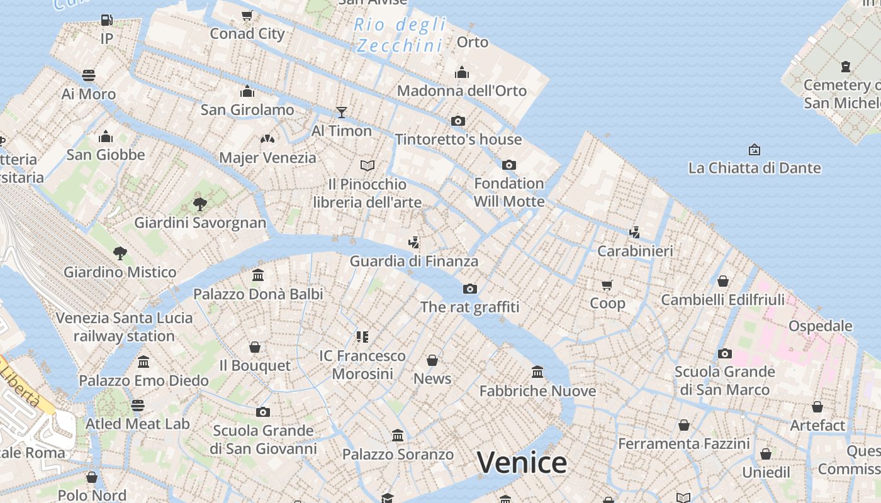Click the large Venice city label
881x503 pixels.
522,463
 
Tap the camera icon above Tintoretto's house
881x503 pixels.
458,121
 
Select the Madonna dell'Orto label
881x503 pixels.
461,91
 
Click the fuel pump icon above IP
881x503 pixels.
107,20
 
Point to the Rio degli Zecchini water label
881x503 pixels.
400,35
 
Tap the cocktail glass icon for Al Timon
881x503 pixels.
342,113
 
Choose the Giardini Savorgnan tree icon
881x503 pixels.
200,204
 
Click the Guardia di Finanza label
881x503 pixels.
413,261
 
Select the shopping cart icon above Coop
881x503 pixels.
607,285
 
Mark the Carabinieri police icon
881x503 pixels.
634,233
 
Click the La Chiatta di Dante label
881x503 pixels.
754,168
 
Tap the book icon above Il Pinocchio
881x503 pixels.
368,165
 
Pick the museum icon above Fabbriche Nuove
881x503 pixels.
537,372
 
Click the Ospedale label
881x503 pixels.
820,326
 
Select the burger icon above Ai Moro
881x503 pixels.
89,76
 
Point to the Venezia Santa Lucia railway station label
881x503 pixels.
124,326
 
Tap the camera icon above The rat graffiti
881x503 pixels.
469,289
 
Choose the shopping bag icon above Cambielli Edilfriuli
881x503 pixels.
723,281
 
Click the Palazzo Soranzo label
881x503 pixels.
397,454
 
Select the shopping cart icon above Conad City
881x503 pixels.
247,16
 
